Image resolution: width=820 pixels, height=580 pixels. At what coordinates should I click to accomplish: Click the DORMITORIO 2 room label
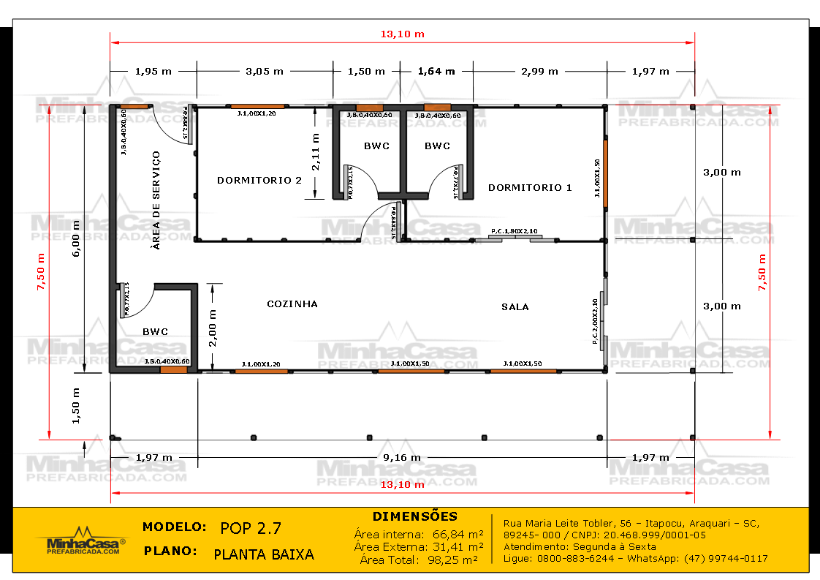[259, 180]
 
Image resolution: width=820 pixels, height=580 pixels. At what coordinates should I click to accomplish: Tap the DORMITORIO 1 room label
[530, 187]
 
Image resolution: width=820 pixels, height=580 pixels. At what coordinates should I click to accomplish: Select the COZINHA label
[292, 304]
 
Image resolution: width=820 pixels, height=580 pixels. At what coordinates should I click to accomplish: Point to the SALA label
[515, 306]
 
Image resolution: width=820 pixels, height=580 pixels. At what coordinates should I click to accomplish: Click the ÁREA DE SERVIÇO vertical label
[156, 200]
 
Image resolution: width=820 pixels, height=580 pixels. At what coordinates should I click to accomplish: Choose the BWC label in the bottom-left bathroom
[155, 331]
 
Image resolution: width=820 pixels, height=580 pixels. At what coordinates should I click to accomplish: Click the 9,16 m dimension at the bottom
[402, 457]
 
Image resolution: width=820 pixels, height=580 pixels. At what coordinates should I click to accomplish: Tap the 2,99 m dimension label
[539, 71]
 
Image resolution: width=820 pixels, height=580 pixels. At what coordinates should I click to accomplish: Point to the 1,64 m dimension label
[436, 71]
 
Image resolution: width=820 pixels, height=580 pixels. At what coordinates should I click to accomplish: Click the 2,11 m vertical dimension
[316, 152]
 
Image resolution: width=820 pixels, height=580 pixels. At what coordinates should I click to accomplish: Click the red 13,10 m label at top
[402, 34]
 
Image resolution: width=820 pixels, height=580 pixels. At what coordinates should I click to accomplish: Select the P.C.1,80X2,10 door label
[515, 231]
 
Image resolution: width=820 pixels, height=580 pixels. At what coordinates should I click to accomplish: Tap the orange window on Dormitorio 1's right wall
[605, 173]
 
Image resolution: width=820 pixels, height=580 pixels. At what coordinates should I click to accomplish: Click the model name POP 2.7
[250, 528]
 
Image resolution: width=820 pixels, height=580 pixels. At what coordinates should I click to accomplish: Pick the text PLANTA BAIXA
[264, 554]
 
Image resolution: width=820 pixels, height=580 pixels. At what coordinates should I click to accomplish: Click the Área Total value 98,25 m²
[448, 560]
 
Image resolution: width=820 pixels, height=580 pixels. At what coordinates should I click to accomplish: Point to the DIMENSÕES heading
[415, 516]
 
